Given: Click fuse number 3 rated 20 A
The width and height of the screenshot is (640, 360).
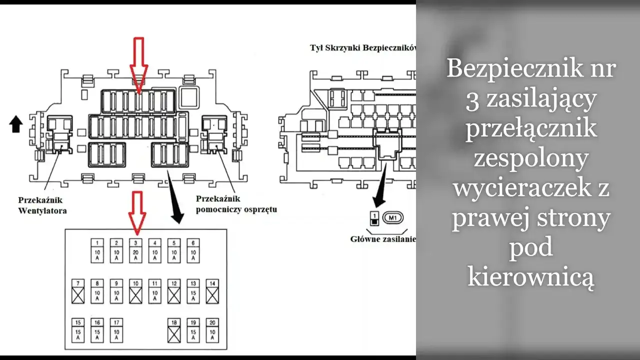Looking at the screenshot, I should pos(135,250).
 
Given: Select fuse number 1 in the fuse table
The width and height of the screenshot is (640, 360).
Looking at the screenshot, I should pos(97,250).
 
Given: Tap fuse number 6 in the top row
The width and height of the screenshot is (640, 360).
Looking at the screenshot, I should pos(193,250).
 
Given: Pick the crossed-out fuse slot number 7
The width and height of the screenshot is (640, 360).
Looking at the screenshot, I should pos(77,291).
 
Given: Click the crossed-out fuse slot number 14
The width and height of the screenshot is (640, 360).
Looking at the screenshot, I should pos(212,291).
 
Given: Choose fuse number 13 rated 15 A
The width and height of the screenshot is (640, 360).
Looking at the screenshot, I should pos(193,291).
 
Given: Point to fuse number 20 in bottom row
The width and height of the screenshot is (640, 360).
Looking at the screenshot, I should pos(212,330).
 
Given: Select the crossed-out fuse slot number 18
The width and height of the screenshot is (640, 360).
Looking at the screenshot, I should pos(174,330).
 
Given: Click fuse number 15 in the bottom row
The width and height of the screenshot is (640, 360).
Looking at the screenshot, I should pos(77,330).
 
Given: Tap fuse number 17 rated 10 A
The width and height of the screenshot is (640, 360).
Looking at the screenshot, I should pos(116,330).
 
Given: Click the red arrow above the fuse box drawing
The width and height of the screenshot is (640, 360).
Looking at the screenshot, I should pos(138,60).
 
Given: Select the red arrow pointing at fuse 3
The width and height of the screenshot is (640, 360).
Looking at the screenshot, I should pos(137,212).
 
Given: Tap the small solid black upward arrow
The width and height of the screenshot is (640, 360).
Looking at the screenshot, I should pos(16,123).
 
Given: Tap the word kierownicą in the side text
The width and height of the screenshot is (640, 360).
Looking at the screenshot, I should pos(531,276).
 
